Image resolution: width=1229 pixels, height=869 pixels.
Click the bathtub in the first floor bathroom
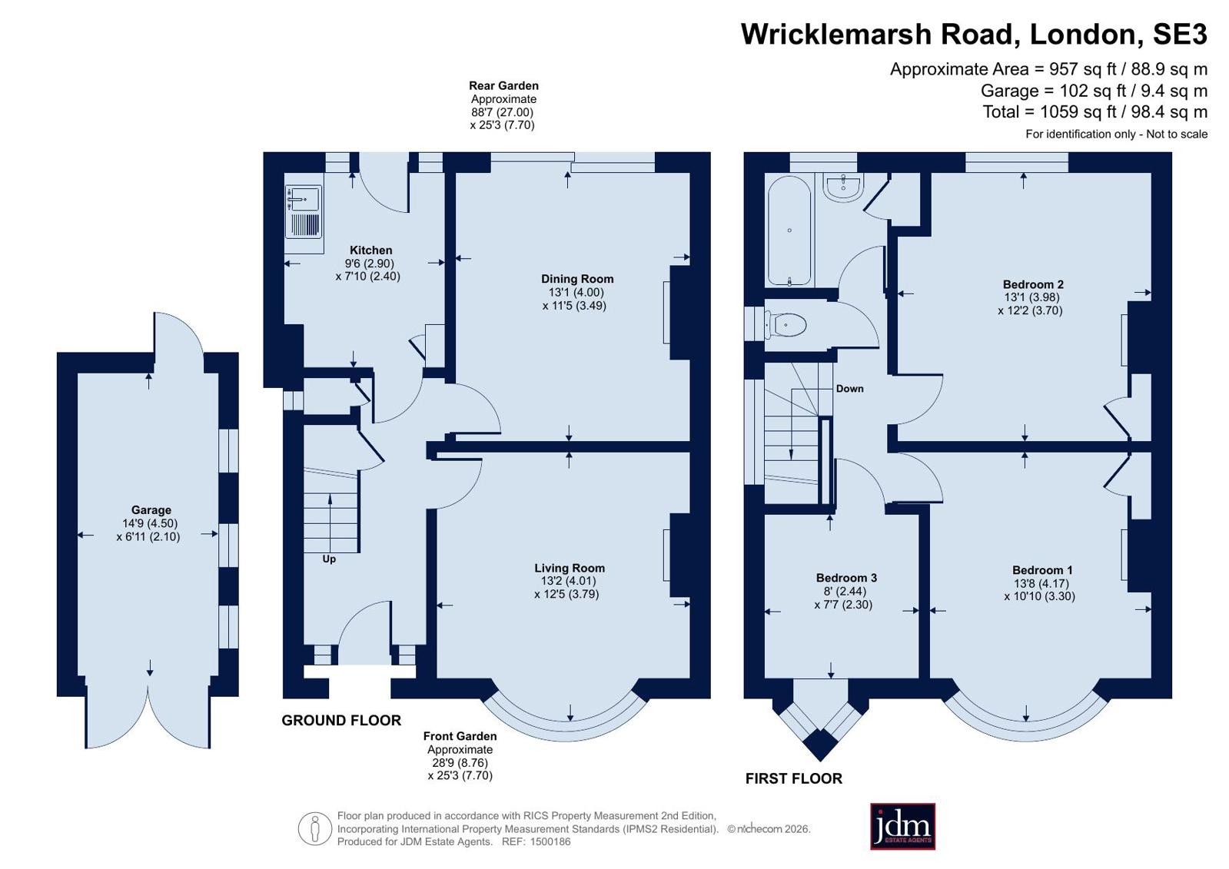pyautogui.click(x=789, y=231)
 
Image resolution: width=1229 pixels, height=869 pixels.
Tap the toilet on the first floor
pyautogui.click(x=786, y=325)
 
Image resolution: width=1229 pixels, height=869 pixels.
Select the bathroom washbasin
pyautogui.click(x=844, y=187)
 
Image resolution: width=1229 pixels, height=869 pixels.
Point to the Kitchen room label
pyautogui.click(x=371, y=250)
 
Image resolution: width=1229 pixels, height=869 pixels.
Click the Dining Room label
pyautogui.click(x=577, y=279)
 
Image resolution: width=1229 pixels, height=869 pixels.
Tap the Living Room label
pyautogui.click(x=570, y=568)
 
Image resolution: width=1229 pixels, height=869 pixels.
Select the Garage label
pyautogui.click(x=151, y=510)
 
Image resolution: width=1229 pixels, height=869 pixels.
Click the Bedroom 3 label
pyautogui.click(x=846, y=578)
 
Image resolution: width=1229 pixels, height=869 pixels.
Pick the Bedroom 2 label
pyautogui.click(x=1033, y=284)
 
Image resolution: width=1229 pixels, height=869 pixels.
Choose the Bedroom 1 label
pyautogui.click(x=1042, y=570)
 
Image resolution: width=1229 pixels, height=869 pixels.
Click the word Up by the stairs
pyautogui.click(x=329, y=559)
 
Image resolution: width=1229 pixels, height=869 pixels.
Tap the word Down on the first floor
pyautogui.click(x=849, y=389)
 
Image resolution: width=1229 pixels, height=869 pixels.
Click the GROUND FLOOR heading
pyautogui.click(x=341, y=721)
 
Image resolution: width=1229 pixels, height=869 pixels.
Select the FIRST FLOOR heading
pyautogui.click(x=793, y=778)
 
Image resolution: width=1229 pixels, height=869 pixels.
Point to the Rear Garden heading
pyautogui.click(x=503, y=85)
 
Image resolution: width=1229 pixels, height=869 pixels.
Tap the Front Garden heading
pyautogui.click(x=460, y=736)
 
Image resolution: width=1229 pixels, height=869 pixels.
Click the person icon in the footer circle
pyautogui.click(x=314, y=828)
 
